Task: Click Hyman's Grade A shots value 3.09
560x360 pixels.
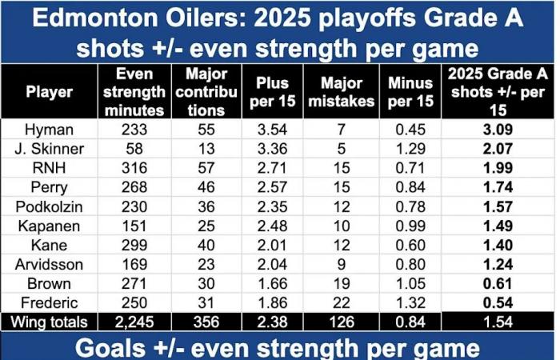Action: [496, 129]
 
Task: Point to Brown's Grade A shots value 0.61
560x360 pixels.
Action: [496, 283]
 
